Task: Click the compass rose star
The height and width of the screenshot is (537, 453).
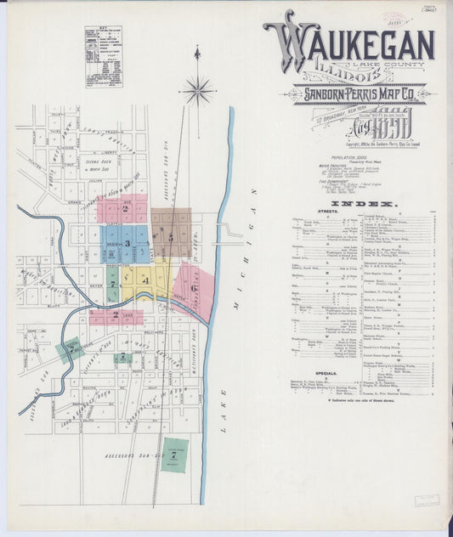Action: point(197,89)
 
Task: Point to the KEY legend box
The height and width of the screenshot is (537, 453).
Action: point(105,57)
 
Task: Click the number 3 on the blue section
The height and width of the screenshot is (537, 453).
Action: point(127,244)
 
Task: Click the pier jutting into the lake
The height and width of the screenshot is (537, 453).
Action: point(227,229)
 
